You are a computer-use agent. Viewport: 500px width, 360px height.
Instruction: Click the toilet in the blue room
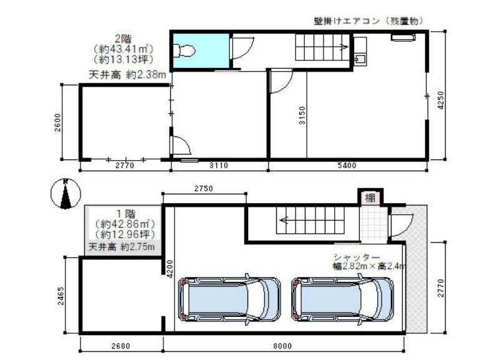(x=185, y=50)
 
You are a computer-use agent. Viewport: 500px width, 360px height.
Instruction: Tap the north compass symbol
(x=65, y=194)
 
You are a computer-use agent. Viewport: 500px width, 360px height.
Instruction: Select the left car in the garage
(x=229, y=300)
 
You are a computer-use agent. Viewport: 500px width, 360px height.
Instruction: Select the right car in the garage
(x=342, y=300)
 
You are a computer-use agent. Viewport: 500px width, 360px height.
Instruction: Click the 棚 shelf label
(x=370, y=198)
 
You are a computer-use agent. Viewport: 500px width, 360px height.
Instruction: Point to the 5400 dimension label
(x=347, y=165)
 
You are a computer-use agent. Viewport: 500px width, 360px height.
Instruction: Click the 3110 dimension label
(x=219, y=165)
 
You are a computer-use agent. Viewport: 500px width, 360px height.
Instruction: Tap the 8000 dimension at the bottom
(x=282, y=346)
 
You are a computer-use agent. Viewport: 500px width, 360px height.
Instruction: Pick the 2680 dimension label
(x=120, y=346)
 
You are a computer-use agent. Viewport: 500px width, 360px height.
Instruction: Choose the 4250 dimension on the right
(x=440, y=100)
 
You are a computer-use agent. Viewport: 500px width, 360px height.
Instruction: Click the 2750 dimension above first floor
(x=203, y=188)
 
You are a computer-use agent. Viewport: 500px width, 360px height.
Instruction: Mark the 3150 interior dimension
(x=302, y=115)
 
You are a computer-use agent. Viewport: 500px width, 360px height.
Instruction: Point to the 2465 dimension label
(x=60, y=296)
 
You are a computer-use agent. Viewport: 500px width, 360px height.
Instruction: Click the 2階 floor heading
(x=123, y=39)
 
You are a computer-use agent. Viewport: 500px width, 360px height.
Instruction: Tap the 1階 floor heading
(x=125, y=214)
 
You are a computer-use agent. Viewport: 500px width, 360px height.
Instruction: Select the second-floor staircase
(x=322, y=47)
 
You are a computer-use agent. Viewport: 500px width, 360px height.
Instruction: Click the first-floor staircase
(x=310, y=220)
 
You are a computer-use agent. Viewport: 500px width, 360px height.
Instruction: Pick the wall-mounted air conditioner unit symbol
(x=403, y=37)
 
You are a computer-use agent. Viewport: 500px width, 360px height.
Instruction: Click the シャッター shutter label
(x=357, y=257)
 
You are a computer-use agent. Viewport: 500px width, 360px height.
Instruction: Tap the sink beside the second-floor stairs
(x=360, y=60)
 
